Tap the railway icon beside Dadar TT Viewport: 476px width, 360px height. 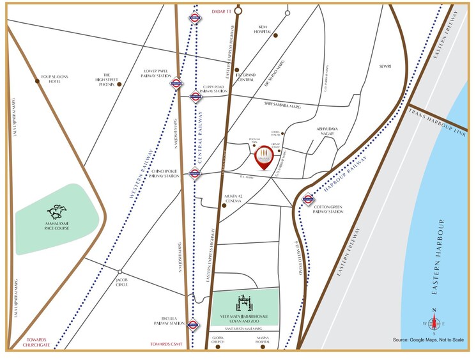pyautogui.click(x=196, y=18)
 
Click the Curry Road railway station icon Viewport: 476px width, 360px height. pyautogui.click(x=196, y=97)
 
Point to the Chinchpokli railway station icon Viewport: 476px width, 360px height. pyautogui.click(x=196, y=173)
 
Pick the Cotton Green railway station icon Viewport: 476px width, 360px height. pyautogui.click(x=307, y=199)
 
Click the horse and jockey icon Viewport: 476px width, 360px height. pyautogui.click(x=57, y=212)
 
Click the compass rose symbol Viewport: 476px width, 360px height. pyautogui.click(x=434, y=321)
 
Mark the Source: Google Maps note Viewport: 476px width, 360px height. pyautogui.click(x=427, y=340)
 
